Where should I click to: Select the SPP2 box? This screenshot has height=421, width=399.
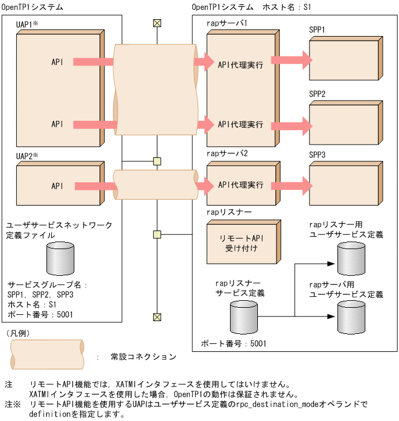pyautogui.click(x=343, y=124)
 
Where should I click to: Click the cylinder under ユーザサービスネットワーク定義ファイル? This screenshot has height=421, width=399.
pyautogui.click(x=60, y=259)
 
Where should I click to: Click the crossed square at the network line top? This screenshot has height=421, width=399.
pyautogui.click(x=157, y=23)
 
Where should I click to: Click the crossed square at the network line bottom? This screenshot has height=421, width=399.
pyautogui.click(x=157, y=316)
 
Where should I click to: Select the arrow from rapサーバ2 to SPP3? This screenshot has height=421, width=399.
pyautogui.click(x=293, y=186)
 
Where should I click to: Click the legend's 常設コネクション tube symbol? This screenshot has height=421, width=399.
pyautogui.click(x=46, y=352)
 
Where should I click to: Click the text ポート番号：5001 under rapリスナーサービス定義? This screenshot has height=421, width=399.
pyautogui.click(x=233, y=343)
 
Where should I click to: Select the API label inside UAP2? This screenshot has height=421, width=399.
pyautogui.click(x=57, y=186)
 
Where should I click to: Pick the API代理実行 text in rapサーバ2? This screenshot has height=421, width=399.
pyautogui.click(x=240, y=185)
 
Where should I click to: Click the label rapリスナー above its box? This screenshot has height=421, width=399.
pyautogui.click(x=228, y=213)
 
